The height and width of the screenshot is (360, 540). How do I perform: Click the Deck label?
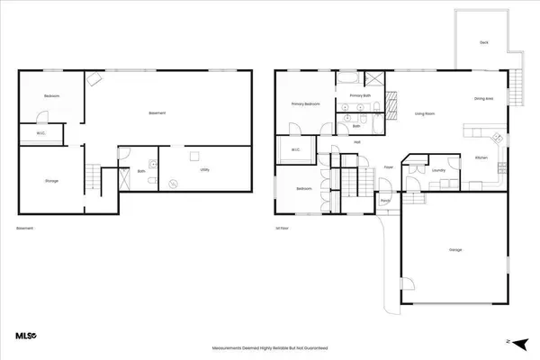[x=483, y=43]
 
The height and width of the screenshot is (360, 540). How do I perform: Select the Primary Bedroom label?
[x=306, y=104]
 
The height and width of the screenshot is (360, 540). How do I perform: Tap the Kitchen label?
[x=481, y=158]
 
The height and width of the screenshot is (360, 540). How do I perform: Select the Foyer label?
[x=390, y=167]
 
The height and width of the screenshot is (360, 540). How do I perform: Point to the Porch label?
[x=385, y=201]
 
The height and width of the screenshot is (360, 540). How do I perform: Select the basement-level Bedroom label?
[x=52, y=96]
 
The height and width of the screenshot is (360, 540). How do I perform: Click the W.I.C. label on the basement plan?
[x=41, y=135]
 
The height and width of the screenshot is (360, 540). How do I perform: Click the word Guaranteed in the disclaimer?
[x=314, y=346]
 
